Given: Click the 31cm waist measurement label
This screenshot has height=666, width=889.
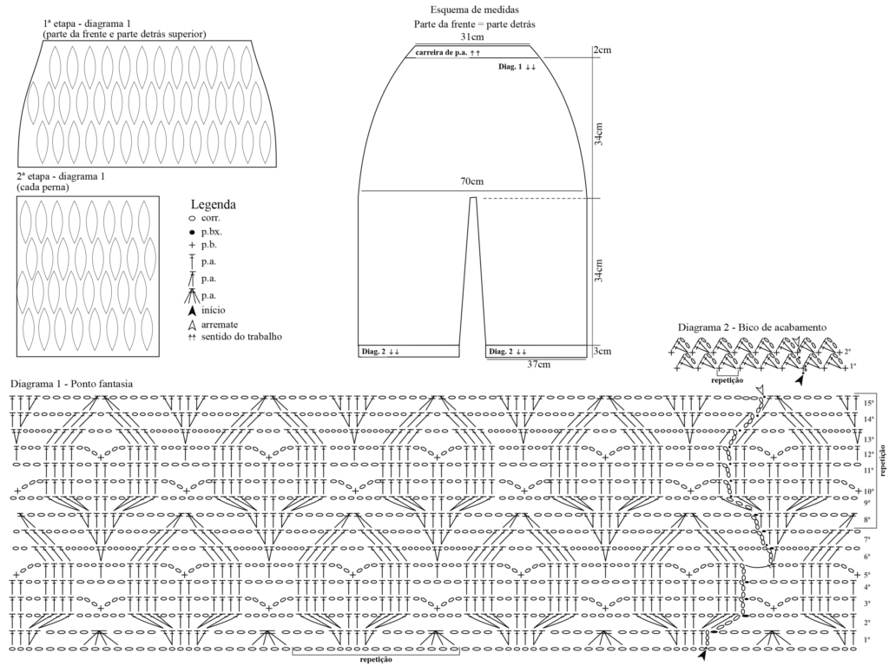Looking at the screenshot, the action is click(x=471, y=36).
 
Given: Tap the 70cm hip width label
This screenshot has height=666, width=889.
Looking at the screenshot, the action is click(x=471, y=181).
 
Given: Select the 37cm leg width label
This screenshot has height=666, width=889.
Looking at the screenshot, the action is click(x=538, y=364).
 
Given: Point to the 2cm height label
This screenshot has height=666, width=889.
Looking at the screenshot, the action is click(x=603, y=49).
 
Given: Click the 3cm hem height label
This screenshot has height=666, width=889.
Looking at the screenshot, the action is click(x=603, y=351).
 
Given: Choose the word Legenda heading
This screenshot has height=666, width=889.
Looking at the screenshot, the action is click(x=214, y=205).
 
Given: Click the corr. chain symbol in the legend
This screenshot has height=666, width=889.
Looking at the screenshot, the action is click(x=192, y=219).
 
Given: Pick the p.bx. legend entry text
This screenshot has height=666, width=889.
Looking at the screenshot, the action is click(x=212, y=232).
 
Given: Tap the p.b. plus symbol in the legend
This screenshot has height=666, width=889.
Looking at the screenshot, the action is click(x=192, y=246).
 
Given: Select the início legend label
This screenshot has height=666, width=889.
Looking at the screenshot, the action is click(x=214, y=310).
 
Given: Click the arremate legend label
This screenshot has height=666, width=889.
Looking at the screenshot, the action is click(x=220, y=325).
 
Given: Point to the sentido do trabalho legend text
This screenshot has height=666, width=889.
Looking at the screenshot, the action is click(x=241, y=336).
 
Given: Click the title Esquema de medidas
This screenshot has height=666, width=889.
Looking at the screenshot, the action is click(x=475, y=10).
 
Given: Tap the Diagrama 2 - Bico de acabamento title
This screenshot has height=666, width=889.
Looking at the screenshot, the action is click(x=753, y=327).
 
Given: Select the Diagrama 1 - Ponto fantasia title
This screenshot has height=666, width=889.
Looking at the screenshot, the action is click(x=71, y=384).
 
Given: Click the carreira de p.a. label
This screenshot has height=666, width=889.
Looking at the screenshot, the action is click(x=442, y=53).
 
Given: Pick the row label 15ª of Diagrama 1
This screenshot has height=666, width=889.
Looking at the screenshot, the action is click(x=868, y=404).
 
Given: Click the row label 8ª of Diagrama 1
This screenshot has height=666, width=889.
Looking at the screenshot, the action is click(x=867, y=519).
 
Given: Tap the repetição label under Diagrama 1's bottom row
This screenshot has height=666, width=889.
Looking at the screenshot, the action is click(x=376, y=660).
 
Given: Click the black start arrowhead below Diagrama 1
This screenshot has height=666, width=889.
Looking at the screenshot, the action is click(x=703, y=656).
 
